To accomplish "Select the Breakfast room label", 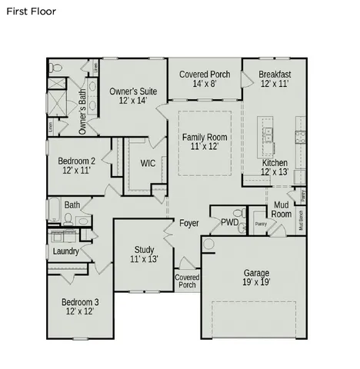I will [x=275, y=78].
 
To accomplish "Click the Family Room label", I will [x=205, y=141].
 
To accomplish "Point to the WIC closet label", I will [x=148, y=163].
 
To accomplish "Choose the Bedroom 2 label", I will [x=77, y=165].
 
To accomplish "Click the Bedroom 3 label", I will [x=80, y=307].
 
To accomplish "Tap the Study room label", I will [x=144, y=254].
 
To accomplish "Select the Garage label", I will [x=257, y=278].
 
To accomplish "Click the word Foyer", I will [x=189, y=224].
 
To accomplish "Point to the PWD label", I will [x=229, y=223].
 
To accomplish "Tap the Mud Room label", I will [x=282, y=209].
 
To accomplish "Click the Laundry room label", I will [x=66, y=251].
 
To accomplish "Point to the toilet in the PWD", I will [x=241, y=213].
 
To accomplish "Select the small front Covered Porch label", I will [x=186, y=281].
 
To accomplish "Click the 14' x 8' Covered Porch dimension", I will [x=205, y=85].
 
